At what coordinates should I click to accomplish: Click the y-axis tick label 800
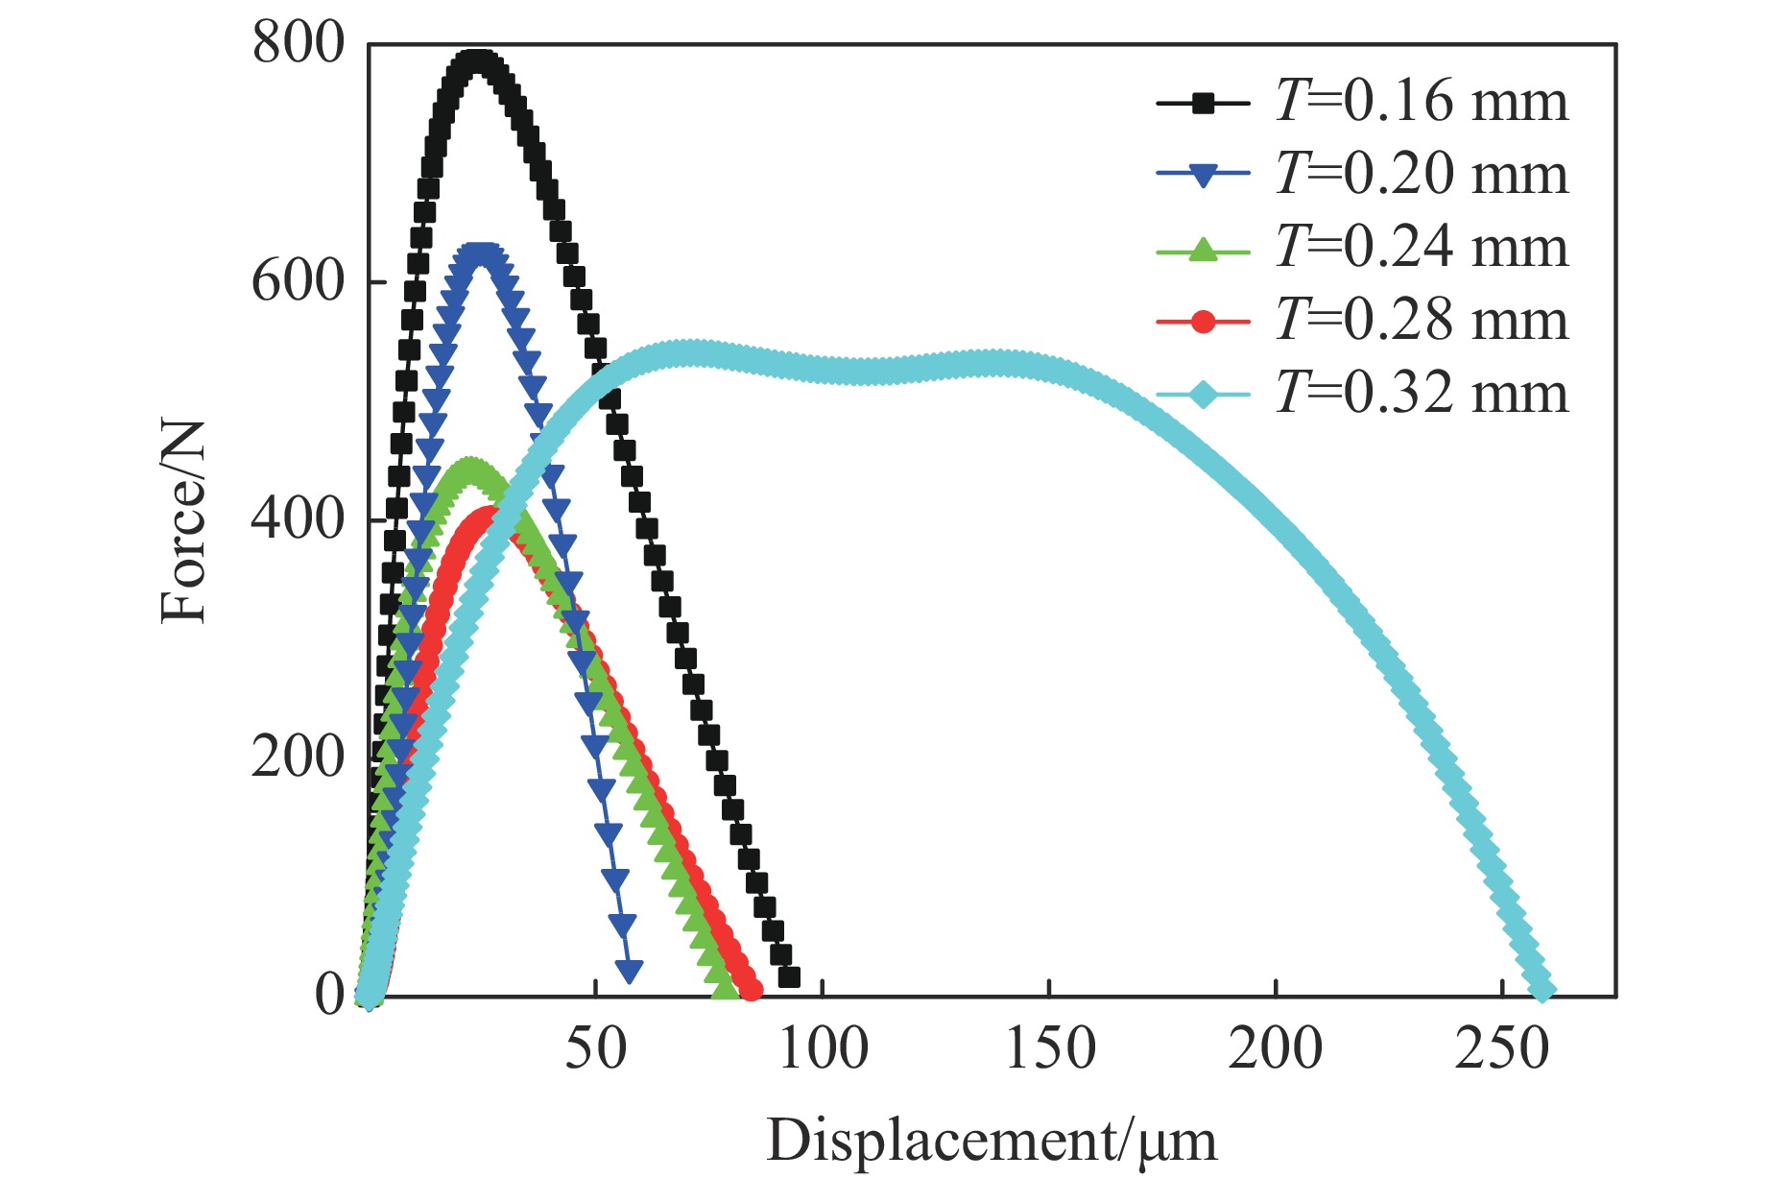297,44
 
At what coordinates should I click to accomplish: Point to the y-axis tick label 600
297,282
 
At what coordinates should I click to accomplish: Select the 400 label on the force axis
297,519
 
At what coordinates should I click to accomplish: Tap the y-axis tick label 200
297,758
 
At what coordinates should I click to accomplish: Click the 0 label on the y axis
329,996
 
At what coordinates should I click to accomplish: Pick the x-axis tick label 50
595,1048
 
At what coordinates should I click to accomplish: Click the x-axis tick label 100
823,1048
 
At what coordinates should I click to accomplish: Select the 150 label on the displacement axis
1049,1048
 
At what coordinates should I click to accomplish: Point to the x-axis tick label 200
1276,1048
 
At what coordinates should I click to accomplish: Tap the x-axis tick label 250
1502,1048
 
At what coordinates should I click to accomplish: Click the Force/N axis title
183,522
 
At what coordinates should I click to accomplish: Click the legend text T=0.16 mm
1422,102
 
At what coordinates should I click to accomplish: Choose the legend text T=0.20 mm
1422,175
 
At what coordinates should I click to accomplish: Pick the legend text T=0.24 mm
1422,248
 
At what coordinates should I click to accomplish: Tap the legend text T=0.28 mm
1422,321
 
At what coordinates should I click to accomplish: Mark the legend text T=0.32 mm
1422,394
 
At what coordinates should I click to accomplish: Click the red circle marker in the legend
1203,322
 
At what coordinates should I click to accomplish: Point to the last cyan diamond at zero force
1542,988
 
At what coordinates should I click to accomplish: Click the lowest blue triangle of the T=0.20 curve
630,971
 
